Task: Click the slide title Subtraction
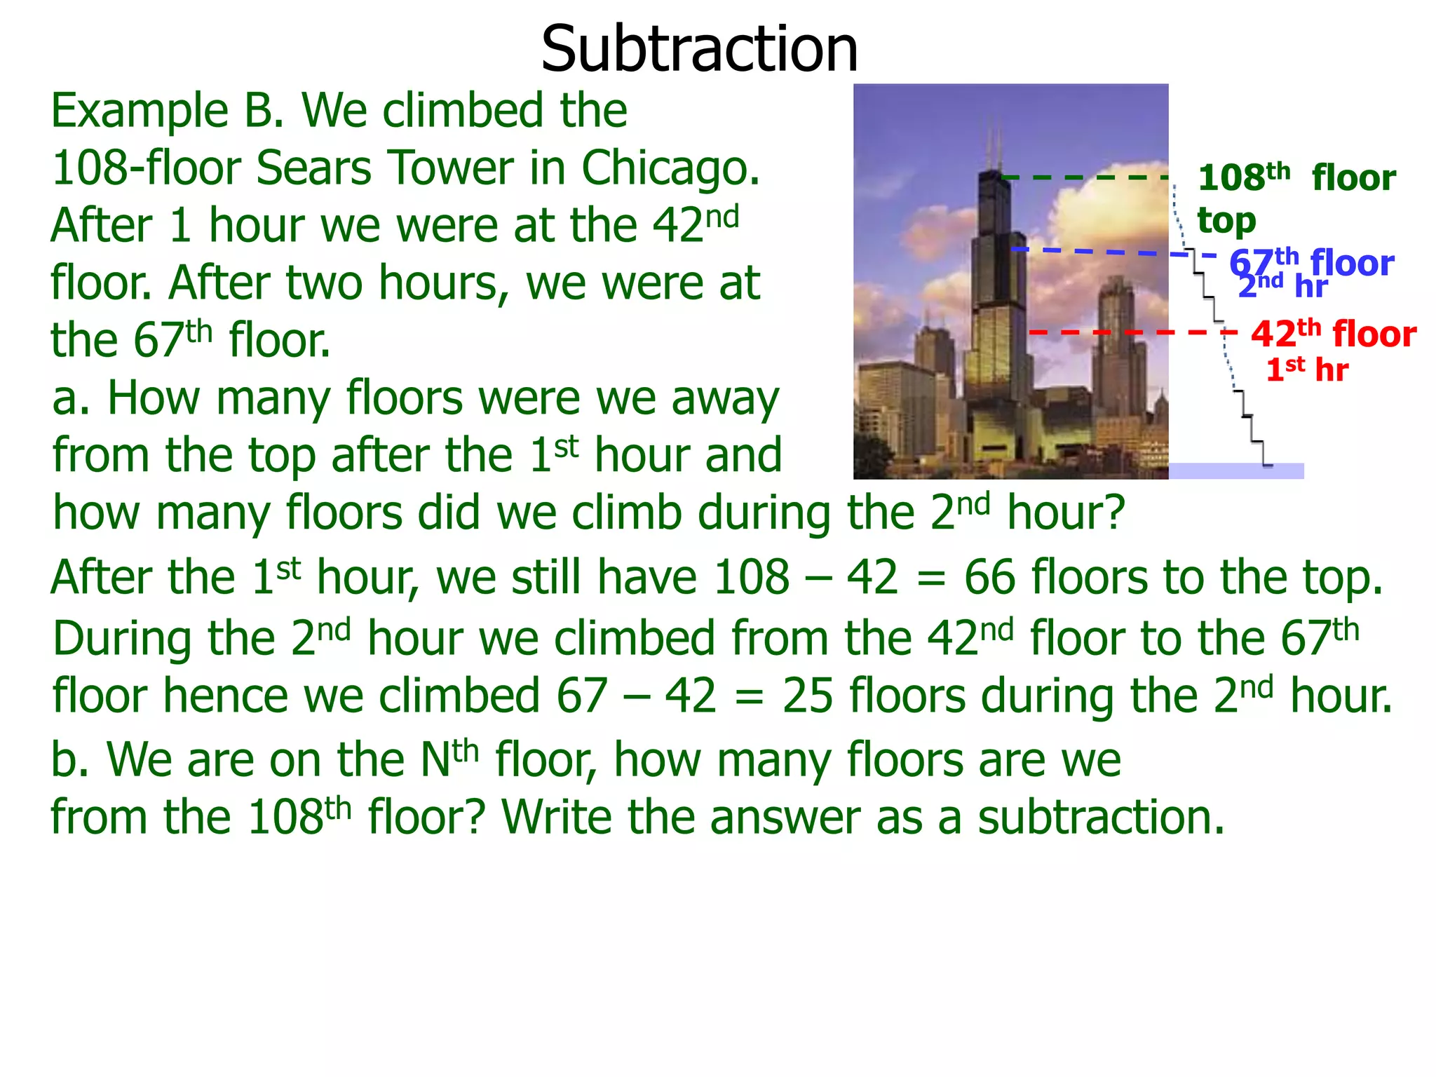coord(699,49)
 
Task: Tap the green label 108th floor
coord(1296,178)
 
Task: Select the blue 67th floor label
coord(1311,263)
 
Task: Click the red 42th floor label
coord(1333,334)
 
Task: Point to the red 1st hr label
coord(1306,370)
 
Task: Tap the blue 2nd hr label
coord(1282,287)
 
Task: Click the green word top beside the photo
coord(1226,222)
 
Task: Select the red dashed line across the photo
coord(1122,332)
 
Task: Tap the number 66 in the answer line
coord(989,578)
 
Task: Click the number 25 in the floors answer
coord(807,696)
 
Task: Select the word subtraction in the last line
coord(1100,818)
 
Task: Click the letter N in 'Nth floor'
coord(435,760)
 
